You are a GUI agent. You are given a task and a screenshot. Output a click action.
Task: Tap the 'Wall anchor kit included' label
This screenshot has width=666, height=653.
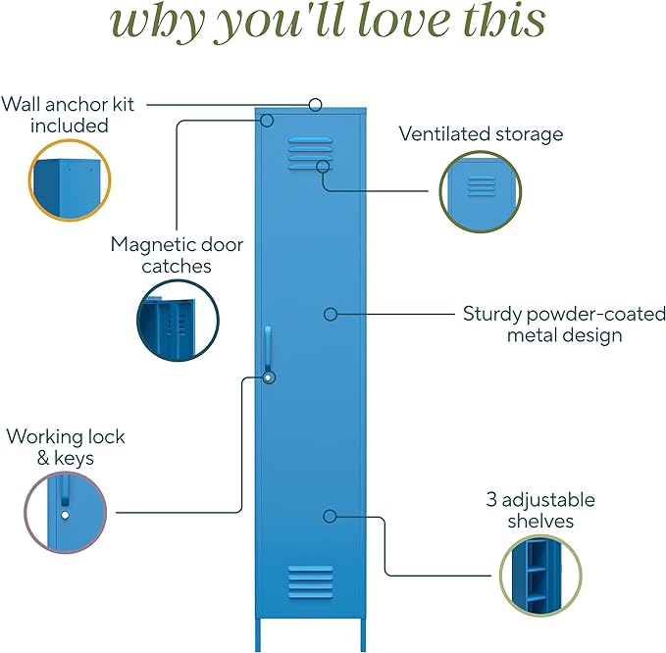point(68,115)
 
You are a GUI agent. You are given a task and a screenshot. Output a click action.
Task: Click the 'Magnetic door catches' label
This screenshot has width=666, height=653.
point(177,255)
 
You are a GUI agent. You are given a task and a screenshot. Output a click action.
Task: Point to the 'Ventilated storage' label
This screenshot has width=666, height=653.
point(481,133)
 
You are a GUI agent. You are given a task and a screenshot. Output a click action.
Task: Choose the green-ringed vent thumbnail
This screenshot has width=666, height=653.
point(481,191)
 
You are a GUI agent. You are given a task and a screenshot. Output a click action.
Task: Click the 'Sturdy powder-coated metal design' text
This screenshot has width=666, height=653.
point(564,325)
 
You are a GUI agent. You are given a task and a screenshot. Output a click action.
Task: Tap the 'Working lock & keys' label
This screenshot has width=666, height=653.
point(66,446)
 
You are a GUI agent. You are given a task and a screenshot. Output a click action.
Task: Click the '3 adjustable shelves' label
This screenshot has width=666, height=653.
point(539,510)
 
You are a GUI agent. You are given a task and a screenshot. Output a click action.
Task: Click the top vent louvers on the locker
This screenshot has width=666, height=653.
point(310,152)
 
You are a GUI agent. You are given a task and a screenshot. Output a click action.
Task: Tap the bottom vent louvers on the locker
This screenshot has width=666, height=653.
point(310,580)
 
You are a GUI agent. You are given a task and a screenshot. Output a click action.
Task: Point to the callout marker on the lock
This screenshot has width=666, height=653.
point(268,377)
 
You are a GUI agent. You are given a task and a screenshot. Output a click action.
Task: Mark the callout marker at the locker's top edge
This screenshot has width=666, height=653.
point(315,104)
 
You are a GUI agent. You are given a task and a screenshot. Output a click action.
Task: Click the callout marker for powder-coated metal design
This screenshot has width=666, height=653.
point(331,314)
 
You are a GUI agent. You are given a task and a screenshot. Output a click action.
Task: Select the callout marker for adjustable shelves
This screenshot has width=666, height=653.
point(331,515)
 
